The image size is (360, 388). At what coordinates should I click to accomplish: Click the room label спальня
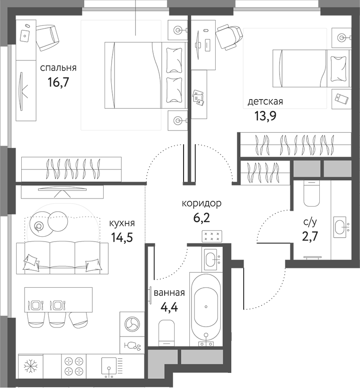point(58,68)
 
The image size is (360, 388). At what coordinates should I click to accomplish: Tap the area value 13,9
point(265,116)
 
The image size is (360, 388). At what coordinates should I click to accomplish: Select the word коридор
point(202,204)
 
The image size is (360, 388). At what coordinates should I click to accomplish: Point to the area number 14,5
point(122,237)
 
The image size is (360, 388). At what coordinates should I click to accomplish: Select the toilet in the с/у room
point(312,194)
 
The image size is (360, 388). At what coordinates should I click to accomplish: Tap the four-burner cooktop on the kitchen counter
point(74,367)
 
